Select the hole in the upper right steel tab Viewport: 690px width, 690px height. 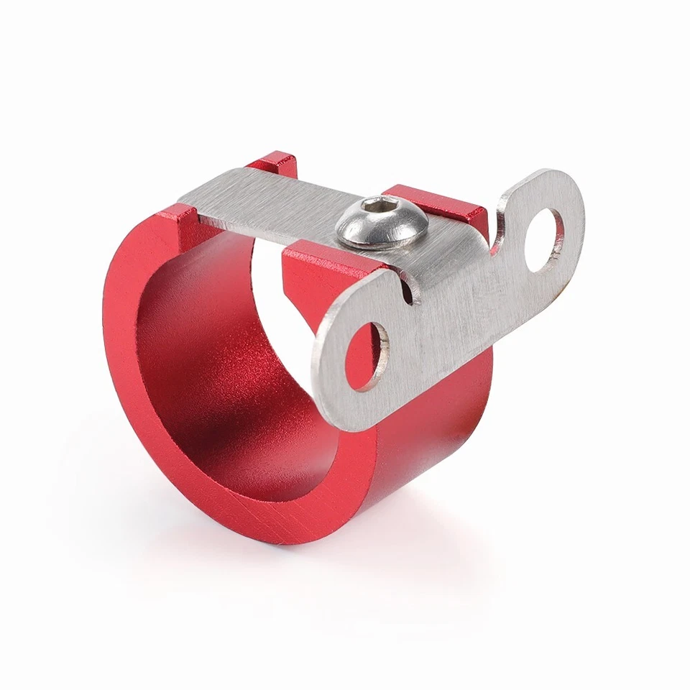[x=544, y=239]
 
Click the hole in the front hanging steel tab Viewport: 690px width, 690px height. [x=367, y=355]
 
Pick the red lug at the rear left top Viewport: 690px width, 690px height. [x=275, y=163]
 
